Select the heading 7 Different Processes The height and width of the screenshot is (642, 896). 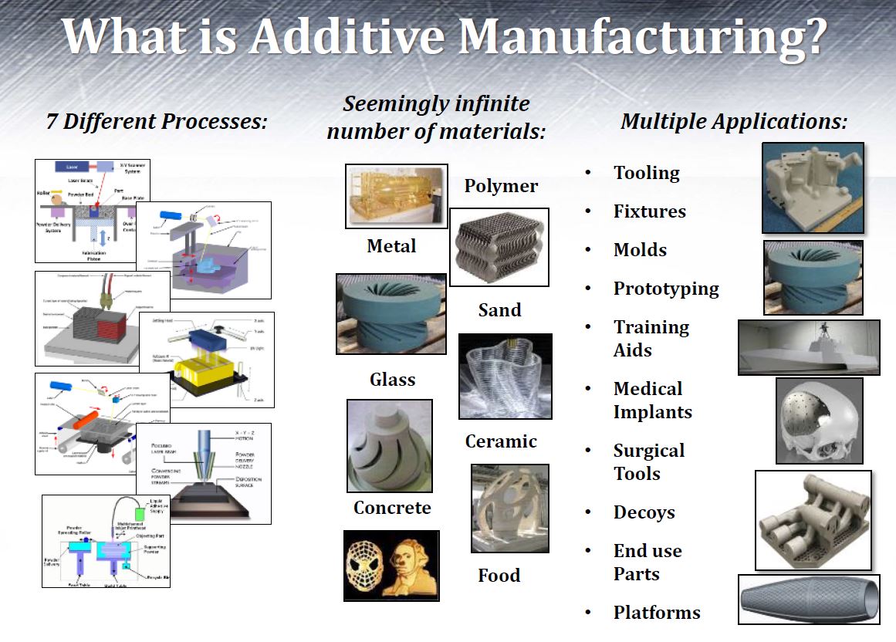point(157,122)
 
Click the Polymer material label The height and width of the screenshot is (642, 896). point(501,186)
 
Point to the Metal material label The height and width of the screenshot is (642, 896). point(392,246)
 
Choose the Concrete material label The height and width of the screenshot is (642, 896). point(392,508)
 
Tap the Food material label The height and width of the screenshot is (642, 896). point(499,576)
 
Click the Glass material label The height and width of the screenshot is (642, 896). point(392,380)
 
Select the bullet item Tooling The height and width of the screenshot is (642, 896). point(647,173)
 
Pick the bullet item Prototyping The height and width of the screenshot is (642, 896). point(666,289)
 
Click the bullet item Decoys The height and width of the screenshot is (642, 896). point(644,512)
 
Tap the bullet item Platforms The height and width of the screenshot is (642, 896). point(657,613)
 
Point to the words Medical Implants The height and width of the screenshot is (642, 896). point(652,400)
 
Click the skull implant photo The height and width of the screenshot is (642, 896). point(819,420)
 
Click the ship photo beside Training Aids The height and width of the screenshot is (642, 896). point(808,347)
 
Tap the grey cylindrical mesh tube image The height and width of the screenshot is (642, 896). point(810,599)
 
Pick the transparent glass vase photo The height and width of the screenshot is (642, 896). point(505,376)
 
